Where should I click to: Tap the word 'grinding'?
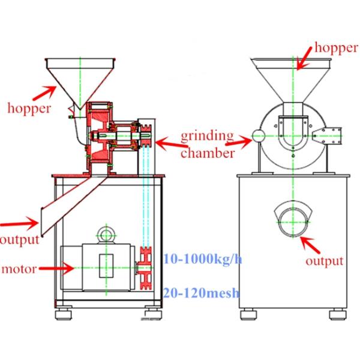[x=208, y=134]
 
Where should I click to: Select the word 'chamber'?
[x=207, y=153]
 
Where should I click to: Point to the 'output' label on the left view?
[x=19, y=240]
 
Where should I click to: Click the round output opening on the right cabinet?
[x=293, y=220]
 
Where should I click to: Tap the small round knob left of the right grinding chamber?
[x=258, y=136]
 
